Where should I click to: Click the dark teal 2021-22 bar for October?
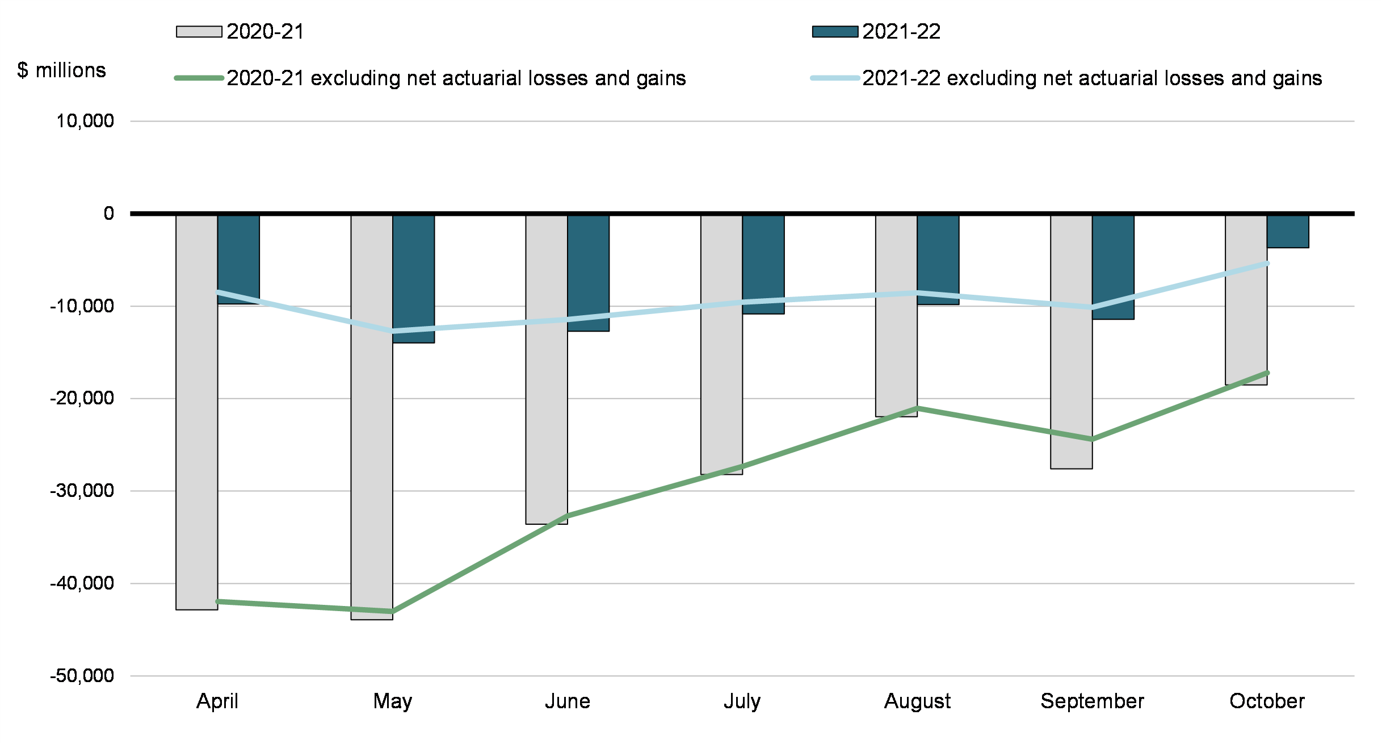tap(1288, 231)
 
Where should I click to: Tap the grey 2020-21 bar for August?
tap(896, 316)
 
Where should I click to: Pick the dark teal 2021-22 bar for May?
tap(414, 278)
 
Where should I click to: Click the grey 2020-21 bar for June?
tap(547, 369)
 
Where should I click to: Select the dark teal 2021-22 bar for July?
tap(763, 264)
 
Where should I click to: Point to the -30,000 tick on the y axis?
tap(82, 491)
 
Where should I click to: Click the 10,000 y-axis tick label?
tap(85, 121)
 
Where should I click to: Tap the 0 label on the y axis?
tap(108, 214)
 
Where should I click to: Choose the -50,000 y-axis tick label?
tap(82, 676)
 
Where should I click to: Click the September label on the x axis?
tap(1092, 701)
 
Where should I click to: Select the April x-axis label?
tap(217, 701)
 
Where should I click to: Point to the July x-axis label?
tap(742, 701)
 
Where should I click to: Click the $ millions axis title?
tap(61, 70)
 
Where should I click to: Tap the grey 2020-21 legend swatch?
tap(199, 32)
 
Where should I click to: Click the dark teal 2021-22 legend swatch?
tap(835, 32)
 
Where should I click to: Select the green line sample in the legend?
tap(199, 78)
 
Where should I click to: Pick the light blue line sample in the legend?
tap(835, 78)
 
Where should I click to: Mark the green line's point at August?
tap(917, 408)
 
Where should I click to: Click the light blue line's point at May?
tap(393, 331)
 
